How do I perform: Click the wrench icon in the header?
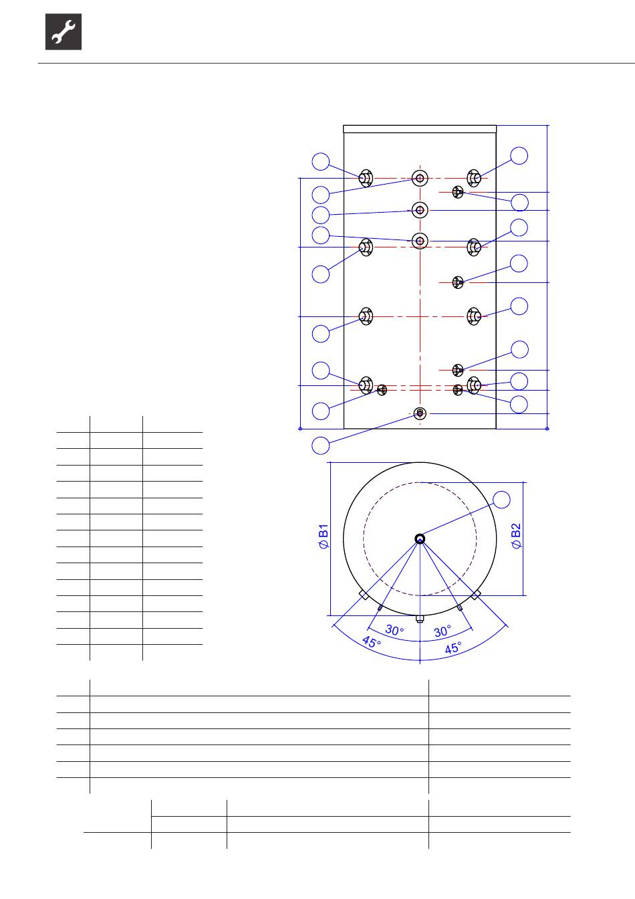tap(63, 31)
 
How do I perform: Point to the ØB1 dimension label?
tap(324, 536)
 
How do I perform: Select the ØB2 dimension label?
tap(516, 535)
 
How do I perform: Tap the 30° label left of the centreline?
tap(394, 629)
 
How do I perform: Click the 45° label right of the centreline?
tap(453, 647)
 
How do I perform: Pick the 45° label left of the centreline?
tap(372, 642)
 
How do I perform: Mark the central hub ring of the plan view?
tap(420, 538)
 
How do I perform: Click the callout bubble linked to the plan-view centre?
tap(501, 500)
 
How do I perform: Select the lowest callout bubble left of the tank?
tap(321, 445)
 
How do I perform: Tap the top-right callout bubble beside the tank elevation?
tap(519, 156)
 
